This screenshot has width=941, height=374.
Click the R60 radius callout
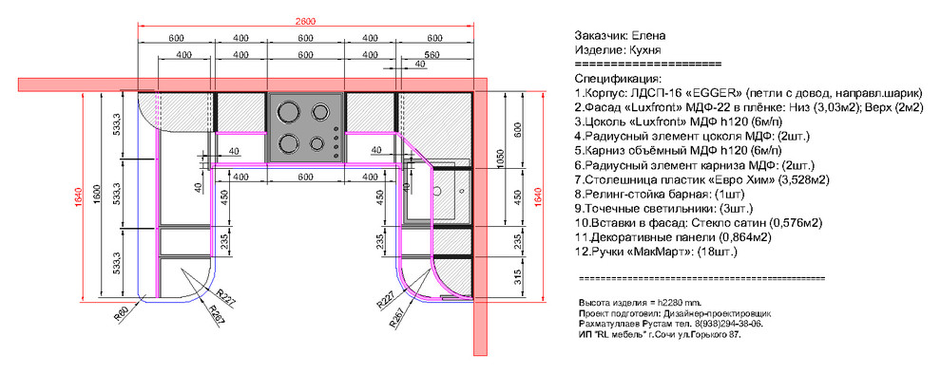tap(121, 312)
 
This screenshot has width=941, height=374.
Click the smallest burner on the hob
tap(315, 144)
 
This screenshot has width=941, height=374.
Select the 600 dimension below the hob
tap(305, 178)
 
